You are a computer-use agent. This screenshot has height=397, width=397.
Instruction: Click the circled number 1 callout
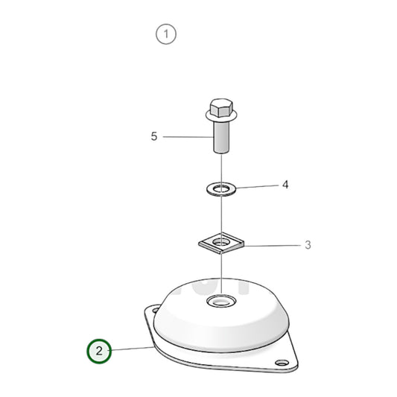click(166, 34)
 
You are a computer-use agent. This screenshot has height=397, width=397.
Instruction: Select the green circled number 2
click(100, 350)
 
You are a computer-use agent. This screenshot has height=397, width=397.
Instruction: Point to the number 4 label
click(285, 184)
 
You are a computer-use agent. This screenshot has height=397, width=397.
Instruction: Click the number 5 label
click(154, 136)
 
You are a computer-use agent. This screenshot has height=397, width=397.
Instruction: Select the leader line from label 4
click(255, 185)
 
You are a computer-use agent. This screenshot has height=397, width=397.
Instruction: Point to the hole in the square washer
click(220, 241)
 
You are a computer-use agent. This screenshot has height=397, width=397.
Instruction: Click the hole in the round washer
click(220, 186)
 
